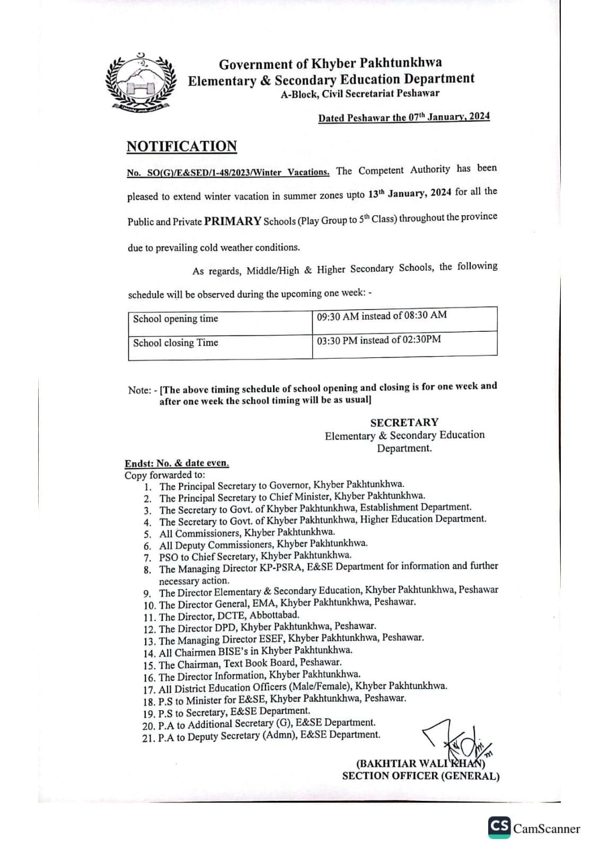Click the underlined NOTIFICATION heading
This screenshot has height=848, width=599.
coord(181,146)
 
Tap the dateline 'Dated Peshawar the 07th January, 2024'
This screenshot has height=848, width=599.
coord(404,118)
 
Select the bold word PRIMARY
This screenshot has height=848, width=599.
coord(233,221)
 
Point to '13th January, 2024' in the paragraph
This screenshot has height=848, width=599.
coord(409,193)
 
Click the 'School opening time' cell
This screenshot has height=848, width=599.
coord(175,319)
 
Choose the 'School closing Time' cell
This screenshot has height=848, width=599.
coord(175,343)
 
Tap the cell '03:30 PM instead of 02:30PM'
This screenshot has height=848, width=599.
coord(379,340)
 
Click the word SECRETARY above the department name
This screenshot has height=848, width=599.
coord(404,422)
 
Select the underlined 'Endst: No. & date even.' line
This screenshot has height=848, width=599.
coord(177,463)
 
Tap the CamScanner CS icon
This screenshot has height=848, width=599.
coord(499,827)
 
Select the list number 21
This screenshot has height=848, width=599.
coord(148,738)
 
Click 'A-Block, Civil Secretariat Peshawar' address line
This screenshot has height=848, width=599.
coord(360,94)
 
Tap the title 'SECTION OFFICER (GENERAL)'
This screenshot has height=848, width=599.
coord(420,776)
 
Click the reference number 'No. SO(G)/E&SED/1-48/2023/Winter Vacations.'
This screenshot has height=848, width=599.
coord(228,172)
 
